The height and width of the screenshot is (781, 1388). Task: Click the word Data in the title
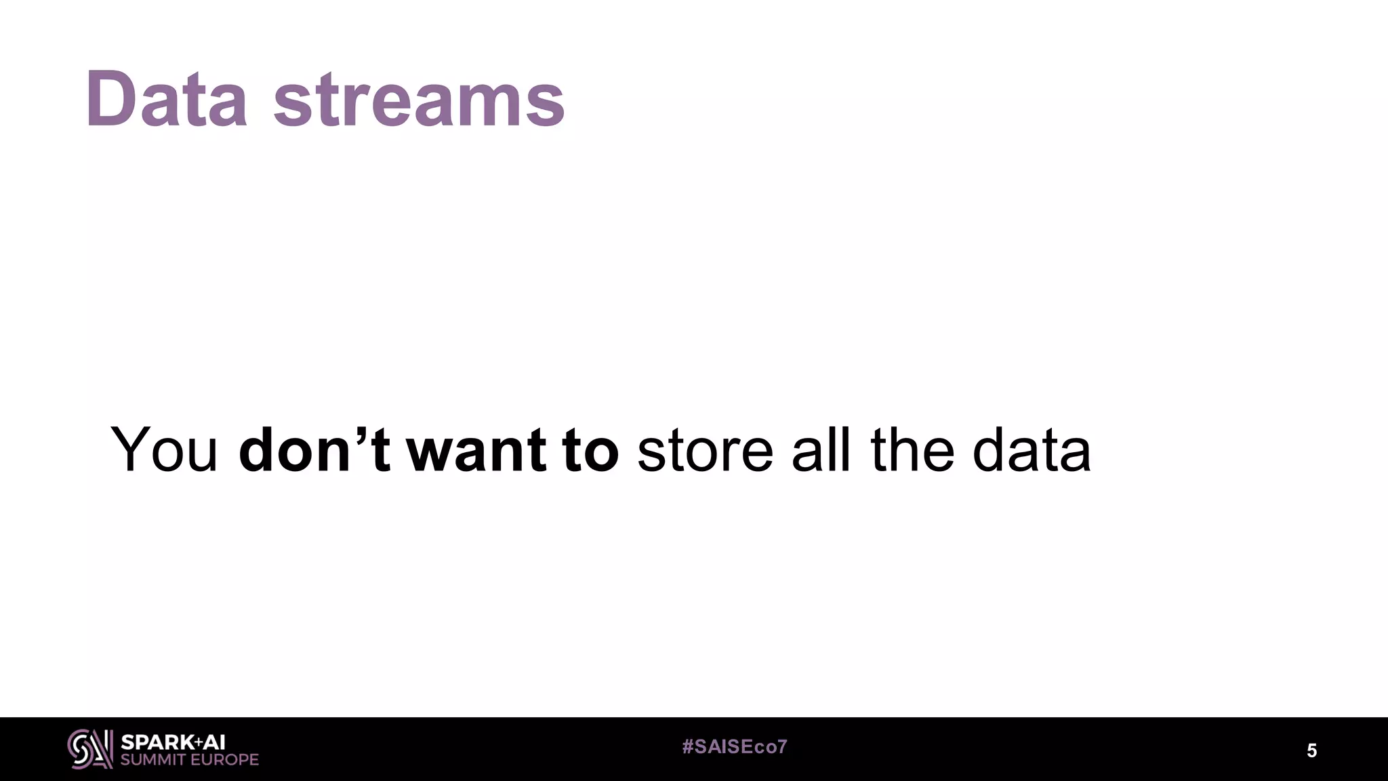(166, 100)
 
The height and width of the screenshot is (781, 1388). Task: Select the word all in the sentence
(821, 449)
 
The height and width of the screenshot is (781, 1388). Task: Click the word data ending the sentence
(1032, 449)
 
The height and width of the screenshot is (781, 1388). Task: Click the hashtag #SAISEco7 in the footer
(735, 747)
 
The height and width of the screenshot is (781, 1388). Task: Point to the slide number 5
(1311, 750)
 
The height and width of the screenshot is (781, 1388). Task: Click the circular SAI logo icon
(89, 749)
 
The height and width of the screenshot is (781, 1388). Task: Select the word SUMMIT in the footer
(153, 760)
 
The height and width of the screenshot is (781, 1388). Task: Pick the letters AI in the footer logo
(213, 742)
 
